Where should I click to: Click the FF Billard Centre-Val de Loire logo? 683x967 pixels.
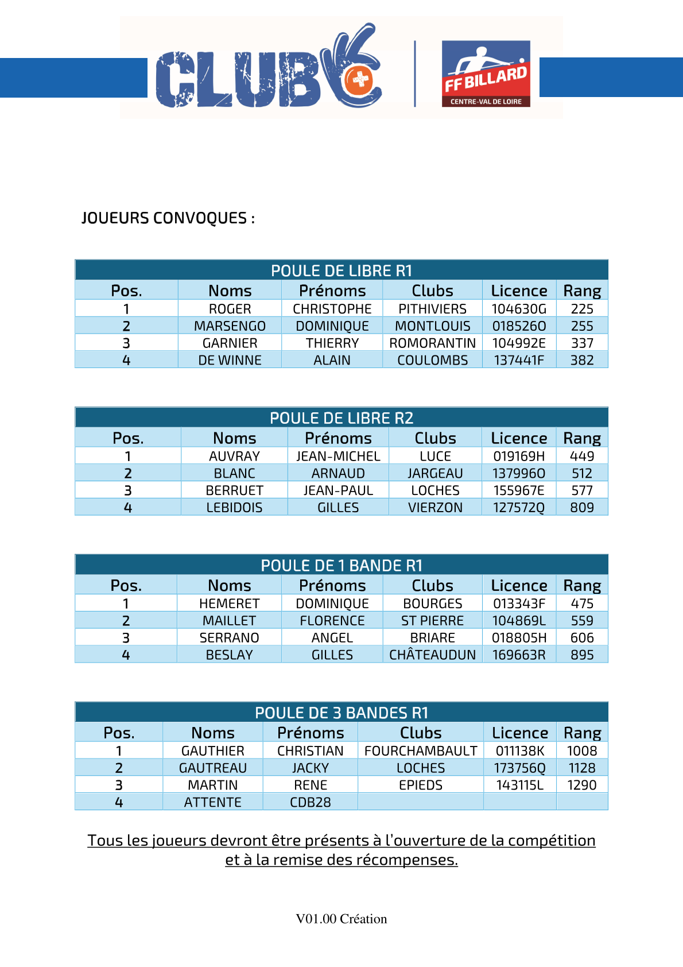pos(486,74)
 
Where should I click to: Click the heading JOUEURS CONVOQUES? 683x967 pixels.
pos(168,218)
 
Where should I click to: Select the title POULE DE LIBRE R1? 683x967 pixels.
pos(341,270)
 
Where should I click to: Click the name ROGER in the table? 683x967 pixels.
pos(230,309)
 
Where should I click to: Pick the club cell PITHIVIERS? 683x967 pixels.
pos(433,309)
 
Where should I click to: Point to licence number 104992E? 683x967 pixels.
pos(519,343)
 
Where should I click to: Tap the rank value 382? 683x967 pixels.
pos(582,361)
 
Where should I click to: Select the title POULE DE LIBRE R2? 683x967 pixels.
pos(341,418)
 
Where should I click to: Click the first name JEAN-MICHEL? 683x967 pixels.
pos(338,457)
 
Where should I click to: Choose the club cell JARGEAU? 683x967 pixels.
pos(435,474)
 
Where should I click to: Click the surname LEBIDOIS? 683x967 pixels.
pos(234,508)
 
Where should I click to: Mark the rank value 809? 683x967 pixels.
pos(582,508)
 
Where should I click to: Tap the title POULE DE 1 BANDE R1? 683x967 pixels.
pos(341,566)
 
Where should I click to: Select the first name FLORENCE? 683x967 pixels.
pos(332,621)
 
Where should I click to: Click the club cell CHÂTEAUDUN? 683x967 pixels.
pos(433,655)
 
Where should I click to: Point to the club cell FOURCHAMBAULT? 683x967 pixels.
pos(421,751)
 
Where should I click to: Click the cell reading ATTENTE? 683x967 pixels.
pos(213,803)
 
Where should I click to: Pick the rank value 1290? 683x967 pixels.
pos(582,786)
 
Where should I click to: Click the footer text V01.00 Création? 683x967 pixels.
pos(341,919)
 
